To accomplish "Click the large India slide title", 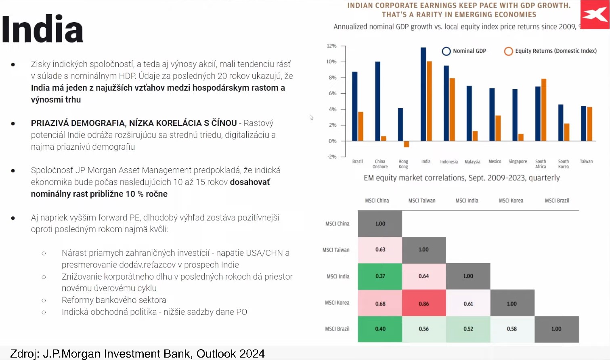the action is coord(42,29).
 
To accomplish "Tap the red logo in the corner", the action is coord(595,15).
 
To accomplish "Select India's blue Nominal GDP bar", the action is coord(423,94).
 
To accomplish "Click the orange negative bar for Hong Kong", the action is coord(406,144).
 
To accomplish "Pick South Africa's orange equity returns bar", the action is coord(543,110).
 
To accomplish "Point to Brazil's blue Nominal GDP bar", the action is coord(354,107).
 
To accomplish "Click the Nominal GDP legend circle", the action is coord(446,51).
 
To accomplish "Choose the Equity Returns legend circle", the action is coord(508,51).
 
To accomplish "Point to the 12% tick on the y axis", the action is coord(343,46).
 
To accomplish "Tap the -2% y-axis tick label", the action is coord(332,157).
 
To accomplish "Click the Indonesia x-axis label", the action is coord(449,162).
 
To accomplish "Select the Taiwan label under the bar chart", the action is coord(586,161).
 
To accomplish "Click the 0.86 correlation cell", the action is coord(424,303).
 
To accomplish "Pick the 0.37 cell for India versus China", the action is coord(380,276).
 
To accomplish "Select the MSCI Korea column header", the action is coord(511,201).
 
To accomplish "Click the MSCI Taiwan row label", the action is coord(336,250).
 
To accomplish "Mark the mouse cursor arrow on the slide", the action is coord(311,117).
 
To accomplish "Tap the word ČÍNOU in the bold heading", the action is coord(224,123).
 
